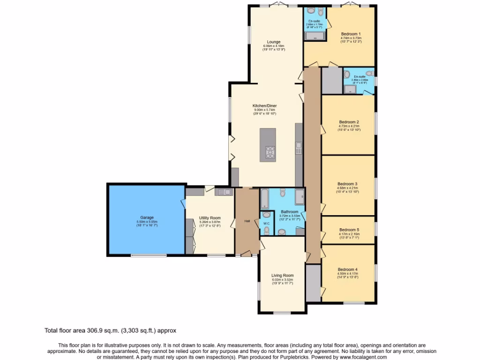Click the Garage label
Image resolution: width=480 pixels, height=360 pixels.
point(147,217)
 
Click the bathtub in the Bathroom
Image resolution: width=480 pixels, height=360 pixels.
point(263,199)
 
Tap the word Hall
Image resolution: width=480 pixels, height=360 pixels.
point(247,221)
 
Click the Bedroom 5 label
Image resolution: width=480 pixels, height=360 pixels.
point(348,230)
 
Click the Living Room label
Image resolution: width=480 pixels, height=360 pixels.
point(282,276)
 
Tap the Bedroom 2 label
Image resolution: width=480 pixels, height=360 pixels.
point(349,122)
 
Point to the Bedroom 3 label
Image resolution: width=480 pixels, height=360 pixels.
point(347,184)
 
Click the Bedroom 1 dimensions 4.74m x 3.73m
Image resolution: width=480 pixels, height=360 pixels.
point(351,38)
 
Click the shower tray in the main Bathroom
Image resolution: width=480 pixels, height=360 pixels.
point(300,197)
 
